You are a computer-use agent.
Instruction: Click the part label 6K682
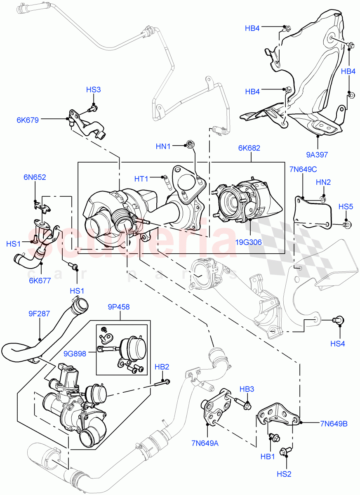click(x=249, y=148)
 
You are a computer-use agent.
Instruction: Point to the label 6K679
click(x=28, y=120)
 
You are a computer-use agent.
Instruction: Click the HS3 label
click(x=93, y=90)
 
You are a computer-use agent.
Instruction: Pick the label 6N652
click(x=35, y=177)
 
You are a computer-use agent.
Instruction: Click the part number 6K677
click(x=40, y=281)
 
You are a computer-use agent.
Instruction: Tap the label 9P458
click(x=119, y=306)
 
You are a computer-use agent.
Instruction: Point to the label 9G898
click(x=75, y=353)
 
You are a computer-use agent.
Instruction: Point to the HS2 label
click(x=284, y=474)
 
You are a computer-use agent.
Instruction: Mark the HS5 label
click(x=346, y=206)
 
